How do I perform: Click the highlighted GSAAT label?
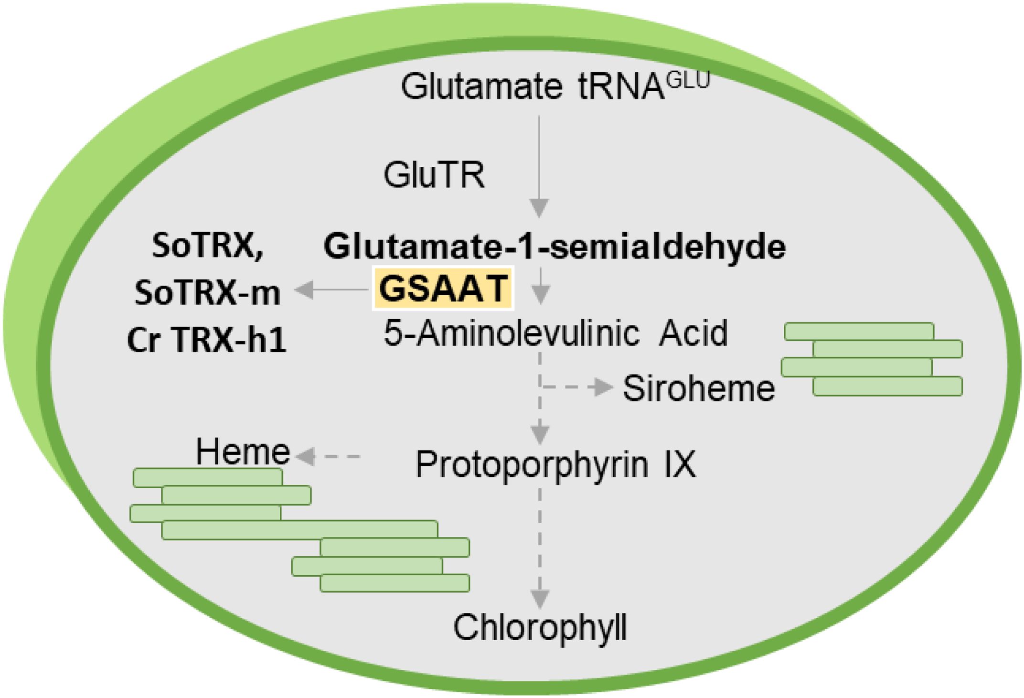[x=443, y=288]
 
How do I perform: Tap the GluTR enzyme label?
[x=434, y=175]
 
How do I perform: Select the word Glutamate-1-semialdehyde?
[x=555, y=247]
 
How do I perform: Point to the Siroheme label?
[x=698, y=388]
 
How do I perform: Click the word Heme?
[x=243, y=452]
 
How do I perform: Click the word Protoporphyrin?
[x=532, y=464]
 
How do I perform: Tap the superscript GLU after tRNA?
[x=688, y=81]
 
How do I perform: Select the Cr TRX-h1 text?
[x=207, y=340]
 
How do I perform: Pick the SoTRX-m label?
[x=207, y=292]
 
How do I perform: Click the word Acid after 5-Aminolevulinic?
[x=693, y=333]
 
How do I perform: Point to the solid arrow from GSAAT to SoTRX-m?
[x=331, y=290]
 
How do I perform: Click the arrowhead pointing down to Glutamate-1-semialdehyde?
[x=540, y=209]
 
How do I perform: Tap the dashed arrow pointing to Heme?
[x=330, y=457]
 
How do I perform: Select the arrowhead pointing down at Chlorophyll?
[x=540, y=598]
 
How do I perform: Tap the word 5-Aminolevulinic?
[x=512, y=333]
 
